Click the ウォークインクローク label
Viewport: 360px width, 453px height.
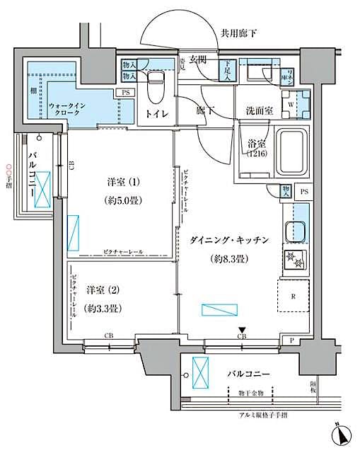[67, 110]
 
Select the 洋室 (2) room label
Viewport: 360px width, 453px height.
[101, 290]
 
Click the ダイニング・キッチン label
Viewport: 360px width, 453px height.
[229, 241]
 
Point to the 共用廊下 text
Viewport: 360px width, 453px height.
[238, 32]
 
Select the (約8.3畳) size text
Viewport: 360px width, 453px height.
[230, 260]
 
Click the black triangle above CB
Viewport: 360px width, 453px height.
[242, 328]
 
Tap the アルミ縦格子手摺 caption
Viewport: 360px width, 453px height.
[272, 415]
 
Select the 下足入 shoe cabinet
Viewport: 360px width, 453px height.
[223, 73]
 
